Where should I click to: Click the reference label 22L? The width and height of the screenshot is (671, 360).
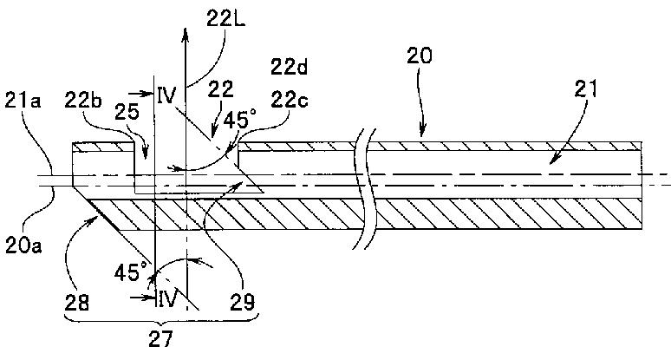coord(225,18)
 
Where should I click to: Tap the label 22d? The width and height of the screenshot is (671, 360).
coord(290,67)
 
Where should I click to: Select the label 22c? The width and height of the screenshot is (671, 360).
coord(290,101)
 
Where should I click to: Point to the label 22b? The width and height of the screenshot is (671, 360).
coord(83,101)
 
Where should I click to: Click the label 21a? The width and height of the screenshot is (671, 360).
coord(23,101)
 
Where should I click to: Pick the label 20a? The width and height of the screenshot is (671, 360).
coord(23,245)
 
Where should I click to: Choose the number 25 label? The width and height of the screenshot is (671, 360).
coord(127,112)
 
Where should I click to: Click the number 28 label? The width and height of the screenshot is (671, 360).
coord(77,302)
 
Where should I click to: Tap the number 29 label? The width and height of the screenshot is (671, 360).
coord(243,302)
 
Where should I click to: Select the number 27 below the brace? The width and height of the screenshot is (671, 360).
coord(160,339)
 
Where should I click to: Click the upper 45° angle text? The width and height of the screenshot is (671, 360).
coord(240,119)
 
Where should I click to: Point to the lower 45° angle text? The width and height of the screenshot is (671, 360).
coord(131,272)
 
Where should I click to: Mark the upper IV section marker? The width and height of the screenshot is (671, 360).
coord(166,95)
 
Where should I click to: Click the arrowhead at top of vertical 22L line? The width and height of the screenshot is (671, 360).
coord(186,34)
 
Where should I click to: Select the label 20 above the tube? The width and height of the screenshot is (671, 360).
coord(420,56)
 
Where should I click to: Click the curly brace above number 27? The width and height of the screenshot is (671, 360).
coord(161,318)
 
